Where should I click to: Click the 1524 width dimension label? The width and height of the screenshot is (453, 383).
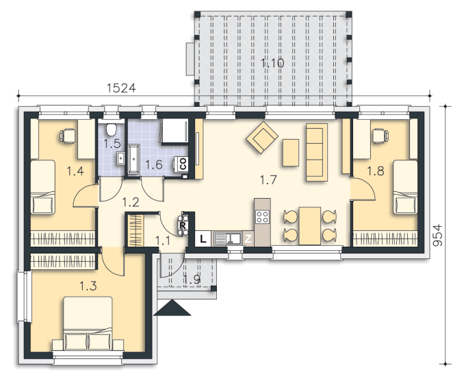tap(121, 88)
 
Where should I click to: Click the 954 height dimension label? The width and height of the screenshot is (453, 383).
tap(438, 235)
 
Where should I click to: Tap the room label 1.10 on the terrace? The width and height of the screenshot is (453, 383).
tap(272, 63)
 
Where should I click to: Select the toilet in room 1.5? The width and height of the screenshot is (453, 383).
tap(112, 129)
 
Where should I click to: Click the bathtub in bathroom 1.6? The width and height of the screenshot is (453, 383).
tap(133, 160)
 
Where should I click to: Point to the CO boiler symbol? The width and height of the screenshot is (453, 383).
tap(183, 164)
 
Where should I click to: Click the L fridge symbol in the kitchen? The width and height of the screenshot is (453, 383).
tap(203, 238)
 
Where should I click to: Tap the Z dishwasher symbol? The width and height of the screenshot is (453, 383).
tap(248, 239)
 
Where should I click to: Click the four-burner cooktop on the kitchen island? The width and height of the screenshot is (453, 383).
tap(263, 217)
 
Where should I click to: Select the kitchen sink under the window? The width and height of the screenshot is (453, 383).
tap(227, 238)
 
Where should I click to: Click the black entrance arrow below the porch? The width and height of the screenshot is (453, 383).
tap(172, 307)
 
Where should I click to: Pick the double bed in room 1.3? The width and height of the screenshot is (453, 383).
tap(88, 323)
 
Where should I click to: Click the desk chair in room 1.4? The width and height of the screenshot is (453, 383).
tap(68, 136)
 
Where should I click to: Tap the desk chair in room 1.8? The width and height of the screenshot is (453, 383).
tap(380, 136)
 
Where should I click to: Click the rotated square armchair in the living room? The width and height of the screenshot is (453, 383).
tap(262, 137)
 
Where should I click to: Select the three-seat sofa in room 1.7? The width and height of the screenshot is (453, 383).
tap(317, 153)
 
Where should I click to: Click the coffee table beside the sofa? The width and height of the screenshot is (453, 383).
tap(291, 153)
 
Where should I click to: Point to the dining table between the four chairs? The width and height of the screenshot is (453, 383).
tap(310, 226)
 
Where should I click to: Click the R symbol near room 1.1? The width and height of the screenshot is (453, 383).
tap(183, 225)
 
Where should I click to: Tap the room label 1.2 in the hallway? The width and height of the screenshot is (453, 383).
tap(131, 202)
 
